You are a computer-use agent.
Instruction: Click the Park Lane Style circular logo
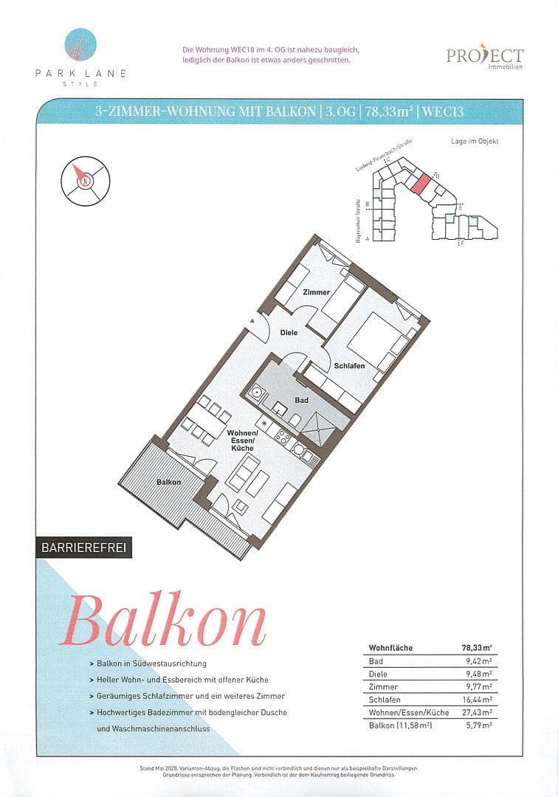[79, 46]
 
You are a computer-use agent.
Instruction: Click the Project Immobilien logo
[484, 57]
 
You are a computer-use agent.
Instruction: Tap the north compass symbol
[86, 180]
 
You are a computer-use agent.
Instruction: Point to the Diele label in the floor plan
[289, 333]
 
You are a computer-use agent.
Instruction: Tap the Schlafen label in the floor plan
[349, 366]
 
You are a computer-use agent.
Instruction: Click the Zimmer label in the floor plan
[316, 292]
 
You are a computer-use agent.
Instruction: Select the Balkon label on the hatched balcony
[169, 482]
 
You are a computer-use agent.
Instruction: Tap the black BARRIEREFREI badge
[83, 548]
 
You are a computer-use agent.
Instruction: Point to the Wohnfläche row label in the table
[390, 648]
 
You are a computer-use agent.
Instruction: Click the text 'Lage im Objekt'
[475, 141]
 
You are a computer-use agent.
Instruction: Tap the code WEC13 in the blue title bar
[444, 112]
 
